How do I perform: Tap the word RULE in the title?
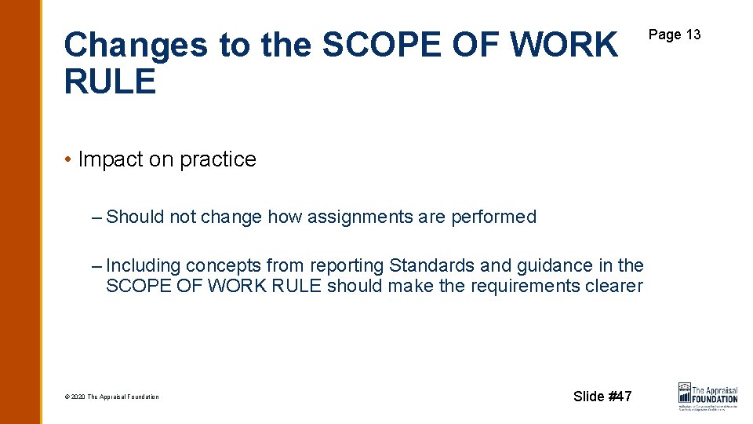[x=110, y=81]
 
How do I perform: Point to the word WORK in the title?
[x=564, y=46]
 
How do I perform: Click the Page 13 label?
[x=675, y=35]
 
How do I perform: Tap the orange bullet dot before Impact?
[x=69, y=159]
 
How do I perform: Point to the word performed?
[x=493, y=217]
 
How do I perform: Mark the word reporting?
[x=346, y=266]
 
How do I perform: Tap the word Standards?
[x=429, y=266]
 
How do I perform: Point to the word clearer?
[x=614, y=286]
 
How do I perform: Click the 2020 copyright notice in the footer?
[x=111, y=397]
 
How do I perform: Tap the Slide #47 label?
[x=602, y=396]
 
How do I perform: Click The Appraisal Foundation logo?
[x=708, y=396]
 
